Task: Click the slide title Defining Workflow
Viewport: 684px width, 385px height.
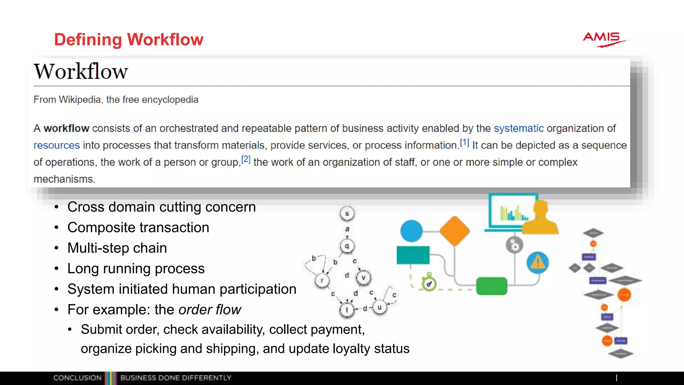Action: tap(129, 39)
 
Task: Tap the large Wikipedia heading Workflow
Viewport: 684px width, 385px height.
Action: tap(81, 71)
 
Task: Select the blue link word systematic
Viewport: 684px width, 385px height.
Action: tap(518, 128)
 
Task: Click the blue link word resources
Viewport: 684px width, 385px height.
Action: tap(56, 145)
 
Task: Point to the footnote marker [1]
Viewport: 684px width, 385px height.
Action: tap(464, 143)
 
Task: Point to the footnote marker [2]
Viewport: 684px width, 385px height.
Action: tap(245, 160)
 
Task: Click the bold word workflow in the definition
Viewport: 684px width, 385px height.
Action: tap(66, 128)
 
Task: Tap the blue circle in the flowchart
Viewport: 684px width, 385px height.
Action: tap(411, 231)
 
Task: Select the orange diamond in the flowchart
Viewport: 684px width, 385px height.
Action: tap(454, 231)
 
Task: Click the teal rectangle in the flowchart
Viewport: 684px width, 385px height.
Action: tap(413, 255)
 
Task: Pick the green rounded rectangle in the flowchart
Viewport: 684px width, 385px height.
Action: tap(491, 286)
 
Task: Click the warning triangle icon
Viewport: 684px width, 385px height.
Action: tap(537, 262)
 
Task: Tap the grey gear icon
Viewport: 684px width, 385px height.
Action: tap(514, 246)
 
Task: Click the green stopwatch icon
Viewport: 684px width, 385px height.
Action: tap(429, 283)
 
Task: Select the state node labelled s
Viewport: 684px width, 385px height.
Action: tap(347, 214)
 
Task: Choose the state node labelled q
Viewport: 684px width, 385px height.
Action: tap(347, 246)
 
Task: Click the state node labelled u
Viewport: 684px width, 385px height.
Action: tap(379, 307)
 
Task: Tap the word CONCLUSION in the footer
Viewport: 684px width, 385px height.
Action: tap(77, 378)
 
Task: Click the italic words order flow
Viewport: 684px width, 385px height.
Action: tap(210, 310)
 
